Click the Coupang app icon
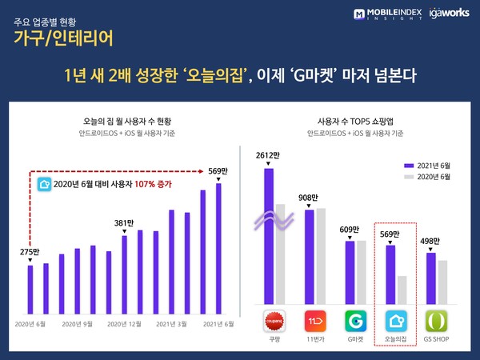pos(275,322)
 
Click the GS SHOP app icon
pos(437,322)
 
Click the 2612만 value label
pos(266,154)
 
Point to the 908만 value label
pos(308,197)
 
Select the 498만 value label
pos(430,241)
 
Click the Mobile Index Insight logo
pos(386,14)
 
